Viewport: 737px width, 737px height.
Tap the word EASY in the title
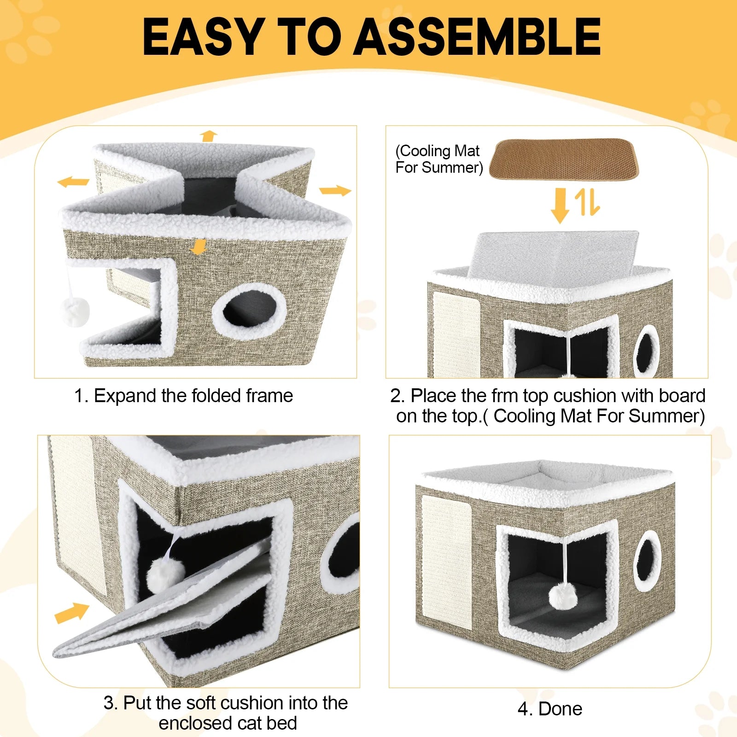[x=203, y=37]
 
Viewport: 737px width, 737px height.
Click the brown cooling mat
[x=564, y=160]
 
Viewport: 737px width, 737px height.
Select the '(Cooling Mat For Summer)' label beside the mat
[x=439, y=159]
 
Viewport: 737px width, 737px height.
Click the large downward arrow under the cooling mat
[x=560, y=205]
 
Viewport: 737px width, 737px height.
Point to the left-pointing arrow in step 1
[x=73, y=182]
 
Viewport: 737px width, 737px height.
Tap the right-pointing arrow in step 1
[x=335, y=190]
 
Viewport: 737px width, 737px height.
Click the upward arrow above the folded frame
[x=209, y=136]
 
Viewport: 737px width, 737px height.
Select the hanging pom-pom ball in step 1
[x=75, y=312]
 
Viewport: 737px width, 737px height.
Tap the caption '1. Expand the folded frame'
[x=183, y=396]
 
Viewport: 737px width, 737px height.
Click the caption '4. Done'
[x=550, y=709]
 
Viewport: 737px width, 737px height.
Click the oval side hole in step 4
[x=647, y=561]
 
